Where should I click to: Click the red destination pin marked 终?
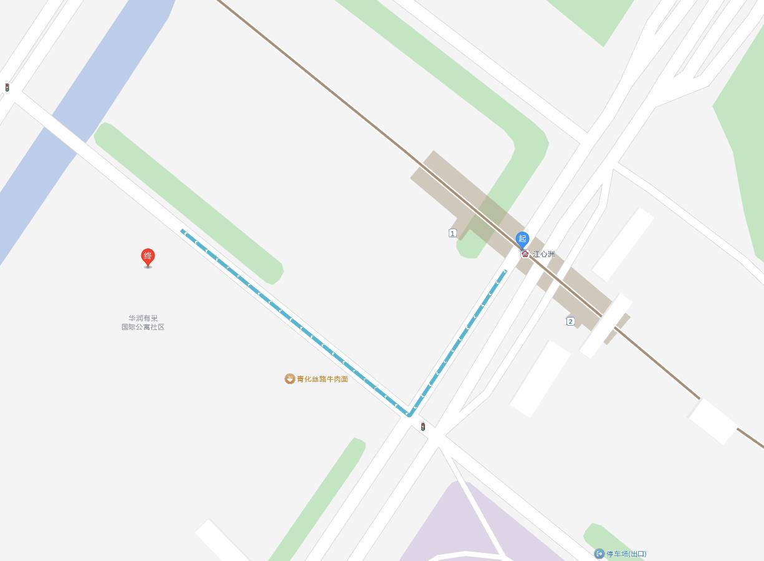point(148,257)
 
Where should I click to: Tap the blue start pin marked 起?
point(522,238)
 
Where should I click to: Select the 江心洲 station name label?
point(543,254)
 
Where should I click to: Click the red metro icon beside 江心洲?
point(525,254)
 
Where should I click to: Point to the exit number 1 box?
point(452,233)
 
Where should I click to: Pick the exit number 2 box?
point(570,321)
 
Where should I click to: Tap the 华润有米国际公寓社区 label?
point(143,323)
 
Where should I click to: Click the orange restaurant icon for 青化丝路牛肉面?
point(290,379)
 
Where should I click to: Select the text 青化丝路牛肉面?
point(322,379)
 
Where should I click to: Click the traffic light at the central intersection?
point(423,427)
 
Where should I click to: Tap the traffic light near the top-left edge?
point(7,88)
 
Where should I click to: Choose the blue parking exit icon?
point(599,554)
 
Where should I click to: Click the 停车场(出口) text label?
point(626,554)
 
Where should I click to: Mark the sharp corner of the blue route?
point(409,415)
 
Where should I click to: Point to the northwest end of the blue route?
point(183,231)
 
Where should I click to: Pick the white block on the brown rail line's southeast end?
point(713,421)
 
